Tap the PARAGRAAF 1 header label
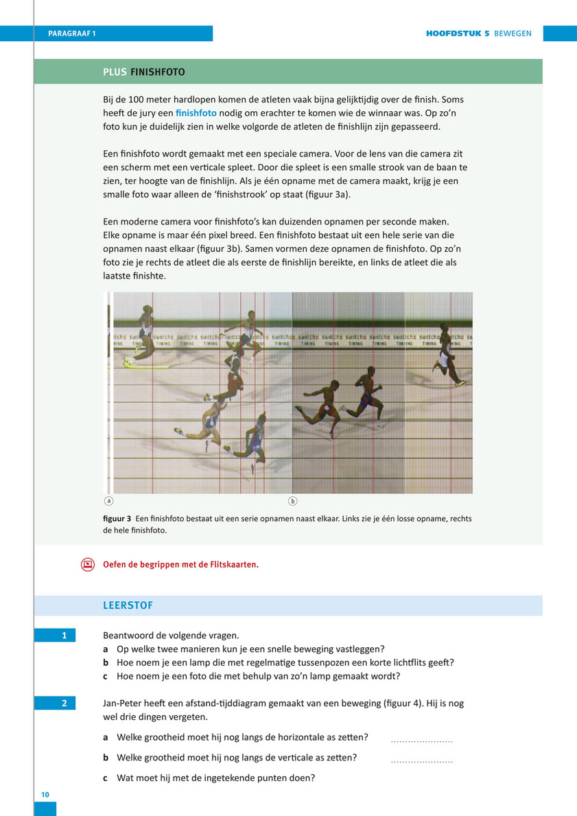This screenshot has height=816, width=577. point(72,34)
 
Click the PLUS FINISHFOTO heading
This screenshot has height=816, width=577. point(144,72)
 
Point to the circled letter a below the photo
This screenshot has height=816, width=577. point(108,501)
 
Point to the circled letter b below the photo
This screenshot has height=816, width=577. point(293,501)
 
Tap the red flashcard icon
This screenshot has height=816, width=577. point(87,565)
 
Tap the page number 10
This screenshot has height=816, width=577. point(45,795)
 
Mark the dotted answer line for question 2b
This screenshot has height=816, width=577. point(422,760)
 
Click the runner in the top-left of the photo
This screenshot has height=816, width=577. point(145,333)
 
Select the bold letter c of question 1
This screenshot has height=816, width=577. point(106,677)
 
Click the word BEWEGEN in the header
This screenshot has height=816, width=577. point(513,34)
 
